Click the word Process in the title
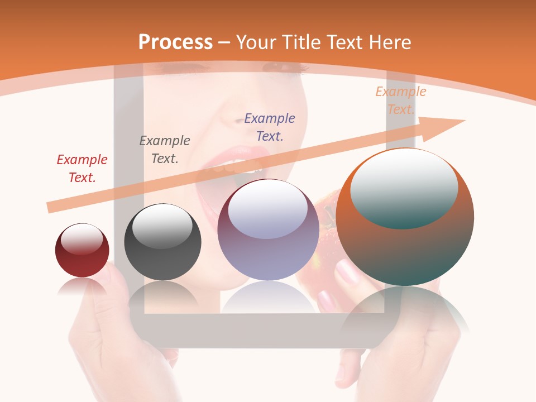175,42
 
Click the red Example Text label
82,169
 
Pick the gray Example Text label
165,150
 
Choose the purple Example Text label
270,127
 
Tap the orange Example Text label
401,100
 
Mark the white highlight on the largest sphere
404,188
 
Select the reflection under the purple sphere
268,296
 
